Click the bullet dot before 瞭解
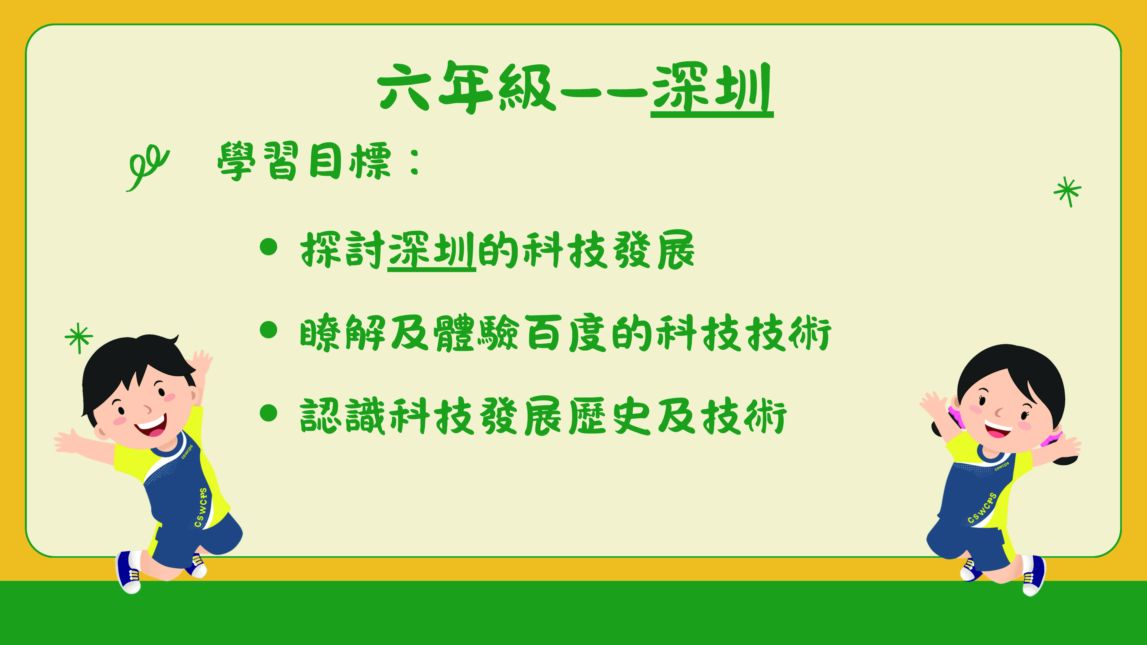(x=269, y=330)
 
